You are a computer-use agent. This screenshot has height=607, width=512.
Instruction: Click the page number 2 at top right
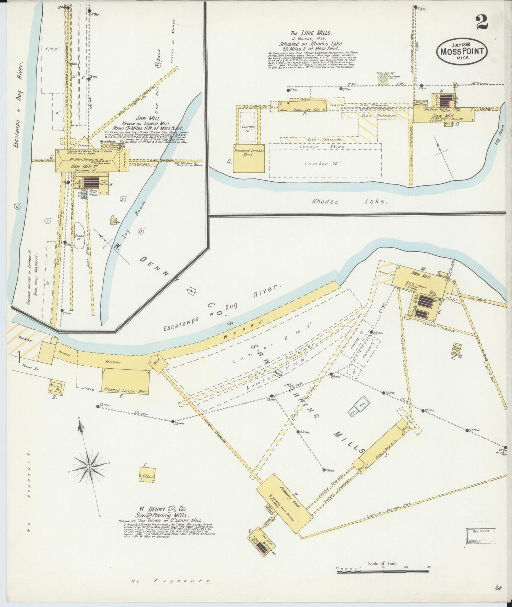[482, 22]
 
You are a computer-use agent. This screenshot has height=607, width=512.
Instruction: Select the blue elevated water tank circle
[383, 79]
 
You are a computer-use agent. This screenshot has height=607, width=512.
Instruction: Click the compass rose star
[89, 467]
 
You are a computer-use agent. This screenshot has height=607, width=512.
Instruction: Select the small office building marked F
[147, 474]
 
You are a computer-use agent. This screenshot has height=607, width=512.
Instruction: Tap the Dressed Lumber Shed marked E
[125, 381]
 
